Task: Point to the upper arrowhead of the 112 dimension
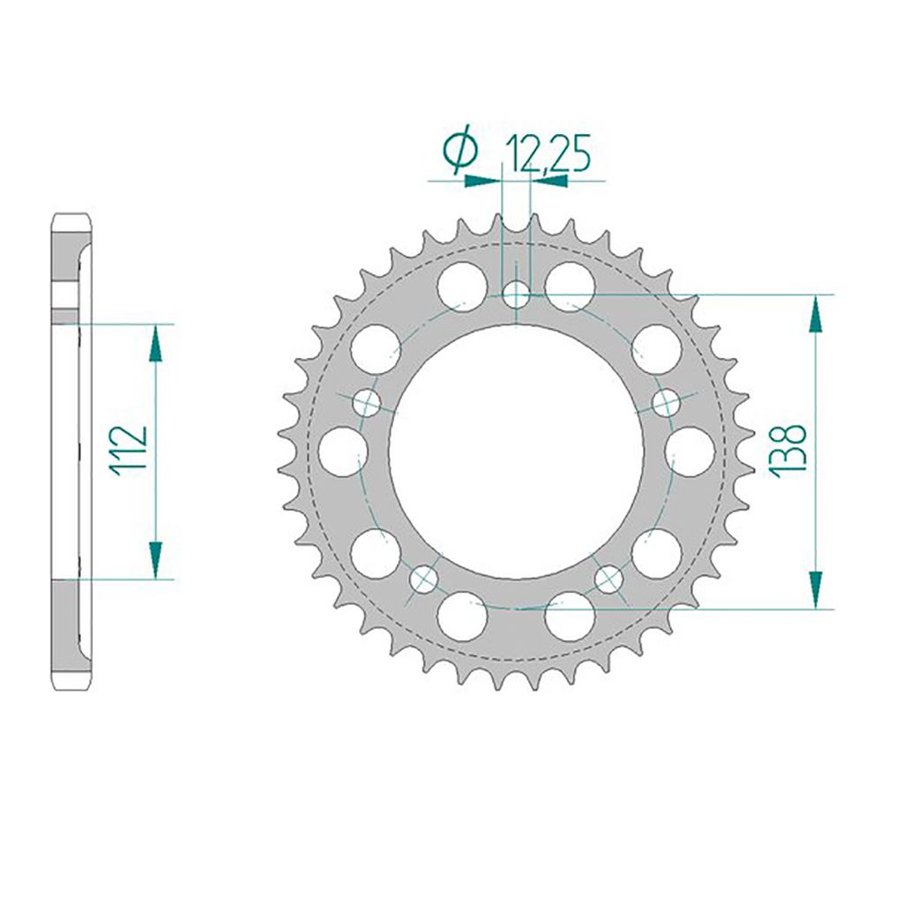point(155,342)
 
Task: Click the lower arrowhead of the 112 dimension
point(155,560)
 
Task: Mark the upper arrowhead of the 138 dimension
point(816,313)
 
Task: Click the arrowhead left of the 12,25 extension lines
point(482,181)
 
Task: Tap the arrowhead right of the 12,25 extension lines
point(549,181)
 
